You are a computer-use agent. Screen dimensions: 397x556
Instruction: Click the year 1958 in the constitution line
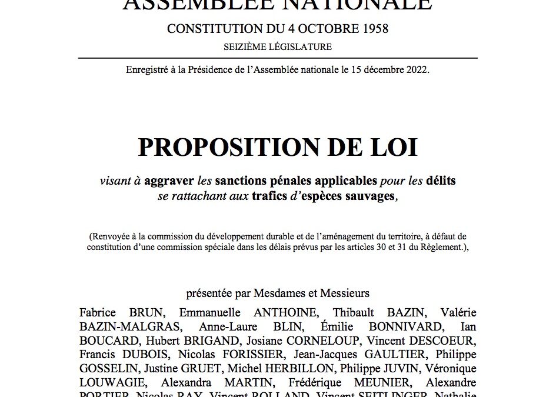pos(374,29)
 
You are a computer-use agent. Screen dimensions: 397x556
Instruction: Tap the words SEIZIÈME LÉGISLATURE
pos(278,47)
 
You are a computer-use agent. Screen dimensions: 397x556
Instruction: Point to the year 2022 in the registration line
pos(417,70)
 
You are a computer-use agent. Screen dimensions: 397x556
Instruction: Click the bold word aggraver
pos(169,181)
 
